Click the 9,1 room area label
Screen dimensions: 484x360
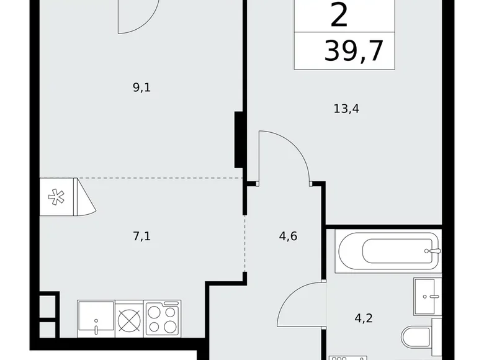tap(141, 88)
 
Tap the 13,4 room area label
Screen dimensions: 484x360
tap(346, 109)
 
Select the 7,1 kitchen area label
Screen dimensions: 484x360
tap(141, 236)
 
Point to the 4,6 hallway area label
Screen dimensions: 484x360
tap(288, 236)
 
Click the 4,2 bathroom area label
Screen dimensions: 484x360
tap(364, 318)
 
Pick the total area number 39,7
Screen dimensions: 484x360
tap(354, 51)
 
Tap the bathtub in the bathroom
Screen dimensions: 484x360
tap(388, 252)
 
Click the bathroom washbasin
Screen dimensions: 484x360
tap(428, 296)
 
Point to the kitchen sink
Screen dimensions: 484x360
tap(96, 318)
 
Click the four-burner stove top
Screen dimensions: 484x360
tap(163, 318)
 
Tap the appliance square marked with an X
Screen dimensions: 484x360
tap(129, 318)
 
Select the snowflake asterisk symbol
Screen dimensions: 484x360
tap(56, 197)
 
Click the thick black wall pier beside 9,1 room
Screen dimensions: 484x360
tap(239, 140)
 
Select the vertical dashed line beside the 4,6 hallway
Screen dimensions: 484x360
tap(245, 243)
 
